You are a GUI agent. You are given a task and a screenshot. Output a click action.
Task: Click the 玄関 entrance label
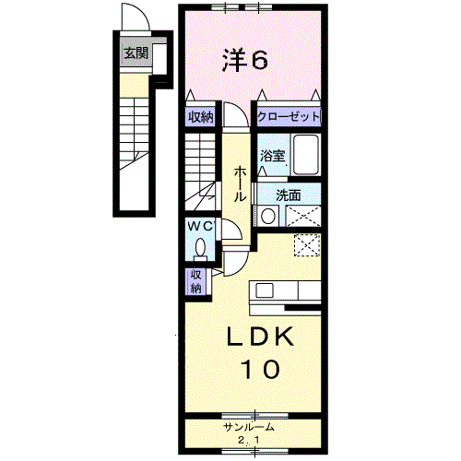coord(136,53)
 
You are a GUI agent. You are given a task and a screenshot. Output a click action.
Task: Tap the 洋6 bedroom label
coord(244,61)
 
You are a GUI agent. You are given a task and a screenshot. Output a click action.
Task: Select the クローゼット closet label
coord(289,117)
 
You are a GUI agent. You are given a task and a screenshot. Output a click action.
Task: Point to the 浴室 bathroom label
coord(273,157)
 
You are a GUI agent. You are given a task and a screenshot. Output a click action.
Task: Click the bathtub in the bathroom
coord(305,154)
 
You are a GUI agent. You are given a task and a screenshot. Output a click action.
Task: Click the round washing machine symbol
coord(267,217)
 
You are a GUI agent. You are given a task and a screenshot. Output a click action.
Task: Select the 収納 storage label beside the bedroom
coord(201,117)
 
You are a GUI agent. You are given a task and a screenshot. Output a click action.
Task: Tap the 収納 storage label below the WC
coord(196,281)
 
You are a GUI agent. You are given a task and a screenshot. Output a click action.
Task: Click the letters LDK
coord(261,337)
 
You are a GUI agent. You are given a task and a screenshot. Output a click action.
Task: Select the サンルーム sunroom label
coord(253,427)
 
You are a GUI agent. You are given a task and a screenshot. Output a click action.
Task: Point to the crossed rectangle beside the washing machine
coord(303,217)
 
